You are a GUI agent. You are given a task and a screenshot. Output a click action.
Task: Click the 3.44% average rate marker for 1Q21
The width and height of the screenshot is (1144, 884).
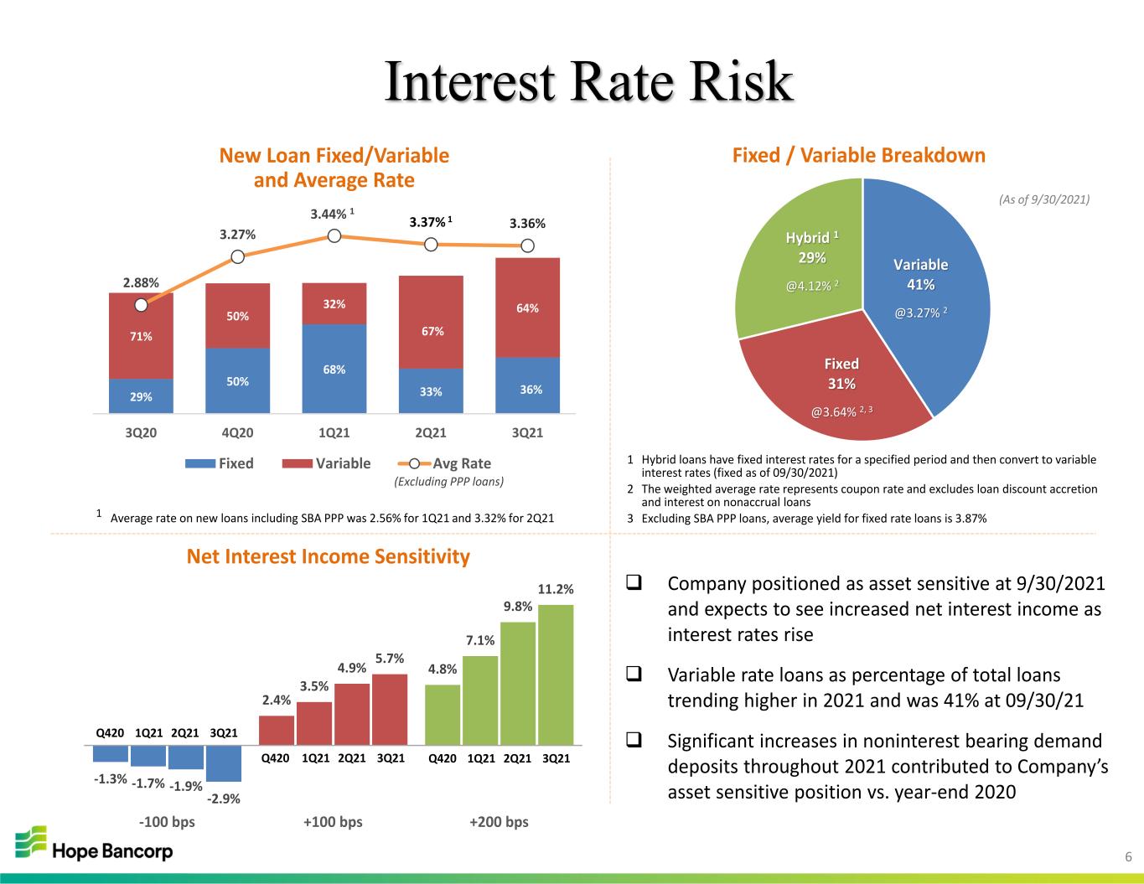(x=334, y=235)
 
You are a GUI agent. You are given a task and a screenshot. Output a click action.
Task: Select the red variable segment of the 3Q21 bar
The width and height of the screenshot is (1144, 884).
(x=527, y=308)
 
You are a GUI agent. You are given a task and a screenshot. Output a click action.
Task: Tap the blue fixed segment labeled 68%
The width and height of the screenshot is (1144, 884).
(x=334, y=369)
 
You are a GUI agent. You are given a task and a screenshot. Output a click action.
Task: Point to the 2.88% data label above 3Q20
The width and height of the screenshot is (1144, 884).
(x=141, y=282)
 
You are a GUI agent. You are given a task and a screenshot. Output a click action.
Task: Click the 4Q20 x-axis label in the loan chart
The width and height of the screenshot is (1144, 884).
(x=237, y=432)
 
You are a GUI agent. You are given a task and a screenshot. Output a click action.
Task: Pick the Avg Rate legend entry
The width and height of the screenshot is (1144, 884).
(x=444, y=463)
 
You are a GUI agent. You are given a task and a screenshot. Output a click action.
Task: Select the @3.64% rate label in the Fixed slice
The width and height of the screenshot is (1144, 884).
(x=841, y=411)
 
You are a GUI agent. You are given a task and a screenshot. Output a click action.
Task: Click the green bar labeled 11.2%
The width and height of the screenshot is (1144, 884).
(x=556, y=675)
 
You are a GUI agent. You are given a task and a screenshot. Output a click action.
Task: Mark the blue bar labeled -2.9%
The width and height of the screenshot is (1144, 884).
(x=224, y=763)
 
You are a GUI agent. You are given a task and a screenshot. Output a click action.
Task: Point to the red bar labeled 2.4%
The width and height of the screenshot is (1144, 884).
(x=277, y=731)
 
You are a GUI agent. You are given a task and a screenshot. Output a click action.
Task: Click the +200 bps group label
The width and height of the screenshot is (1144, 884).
(x=499, y=822)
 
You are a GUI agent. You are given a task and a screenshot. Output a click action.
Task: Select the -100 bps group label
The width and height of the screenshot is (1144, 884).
(x=167, y=822)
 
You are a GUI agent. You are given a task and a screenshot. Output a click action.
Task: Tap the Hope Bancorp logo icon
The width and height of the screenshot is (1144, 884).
(x=30, y=841)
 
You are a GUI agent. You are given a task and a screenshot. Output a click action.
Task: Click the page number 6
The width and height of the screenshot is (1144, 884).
(x=1128, y=857)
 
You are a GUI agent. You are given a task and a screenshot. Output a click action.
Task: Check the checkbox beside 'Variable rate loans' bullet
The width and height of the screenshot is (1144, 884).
(x=634, y=674)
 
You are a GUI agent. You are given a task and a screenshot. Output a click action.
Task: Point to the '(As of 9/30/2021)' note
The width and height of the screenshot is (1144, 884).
(x=1044, y=199)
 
